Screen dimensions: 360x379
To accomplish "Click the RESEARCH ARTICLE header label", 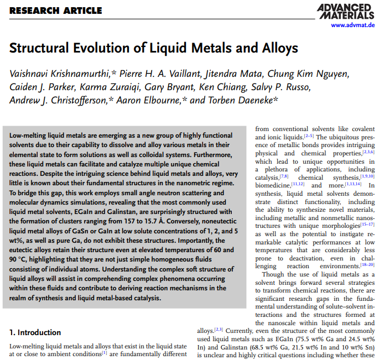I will point(56,11).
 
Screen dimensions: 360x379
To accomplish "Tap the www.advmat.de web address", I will point(347,25).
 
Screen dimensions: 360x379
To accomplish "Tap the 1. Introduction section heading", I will point(40,332).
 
